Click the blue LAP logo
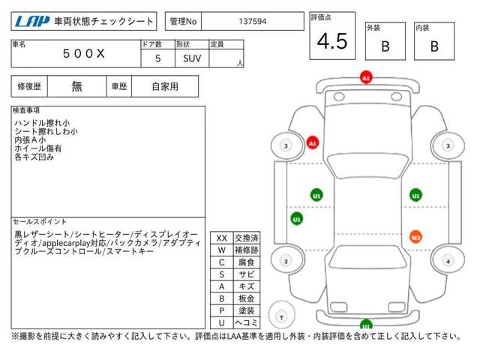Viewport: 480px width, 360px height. coord(32,22)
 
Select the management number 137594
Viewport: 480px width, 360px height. coord(253,22)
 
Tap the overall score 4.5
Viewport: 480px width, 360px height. coord(332,41)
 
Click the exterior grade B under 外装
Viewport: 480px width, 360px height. coord(385,46)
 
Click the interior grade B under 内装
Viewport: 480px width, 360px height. coord(434,46)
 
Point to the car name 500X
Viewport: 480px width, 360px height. coord(83,54)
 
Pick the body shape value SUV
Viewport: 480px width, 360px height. coord(192,58)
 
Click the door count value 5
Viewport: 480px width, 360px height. coord(157,58)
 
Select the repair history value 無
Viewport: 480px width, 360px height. coord(76,87)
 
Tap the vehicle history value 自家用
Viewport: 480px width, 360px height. coord(165,87)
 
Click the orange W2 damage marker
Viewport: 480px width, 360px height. coord(415,237)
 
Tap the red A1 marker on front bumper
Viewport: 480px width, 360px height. coord(366,77)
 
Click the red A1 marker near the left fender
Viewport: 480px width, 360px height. coord(313,143)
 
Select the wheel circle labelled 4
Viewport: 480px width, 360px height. coord(448,261)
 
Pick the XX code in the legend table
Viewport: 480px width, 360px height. coord(222,238)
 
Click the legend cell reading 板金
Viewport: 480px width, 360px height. coord(247,298)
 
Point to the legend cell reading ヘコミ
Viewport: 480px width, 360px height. coord(247,322)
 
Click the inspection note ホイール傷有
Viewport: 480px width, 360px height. coord(38,148)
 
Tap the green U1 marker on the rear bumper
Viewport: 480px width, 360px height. coord(366,324)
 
